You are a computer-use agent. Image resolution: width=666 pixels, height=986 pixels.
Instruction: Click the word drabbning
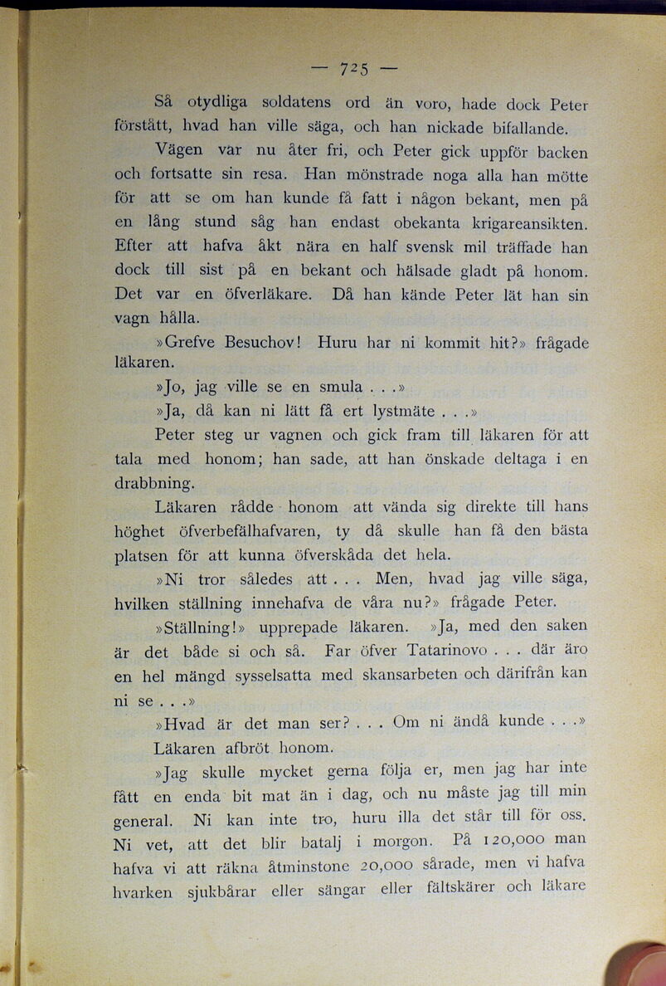click(x=154, y=482)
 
